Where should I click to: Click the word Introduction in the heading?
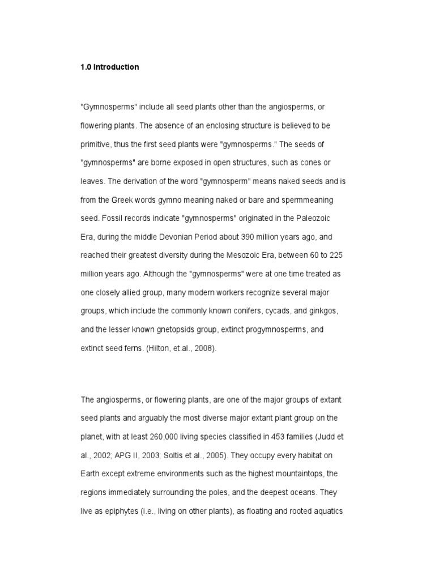click(116, 67)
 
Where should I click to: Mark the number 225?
click(333, 255)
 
